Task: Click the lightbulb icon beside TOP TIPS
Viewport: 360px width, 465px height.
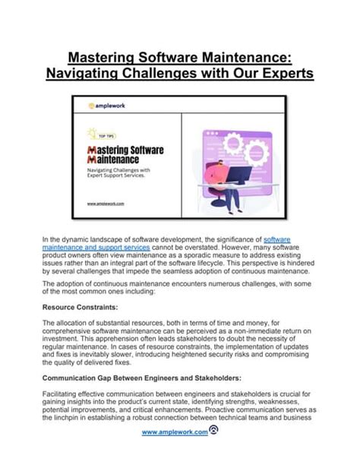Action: [93, 131]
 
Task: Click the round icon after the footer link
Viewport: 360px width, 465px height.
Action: [214, 432]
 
